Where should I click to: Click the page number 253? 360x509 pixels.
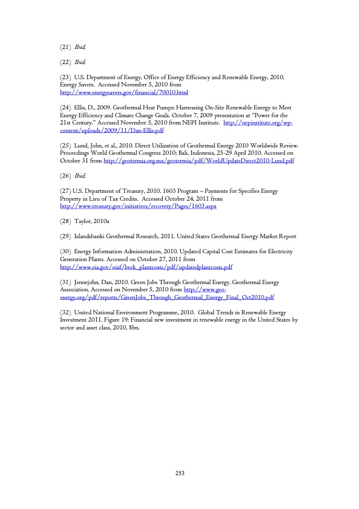click(180, 472)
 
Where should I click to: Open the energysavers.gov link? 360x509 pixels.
click(125, 93)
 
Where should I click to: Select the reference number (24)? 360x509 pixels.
click(66, 107)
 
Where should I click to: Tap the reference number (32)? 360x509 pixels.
click(66, 312)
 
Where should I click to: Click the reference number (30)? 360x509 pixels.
click(66, 251)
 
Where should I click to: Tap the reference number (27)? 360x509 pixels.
click(65, 191)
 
